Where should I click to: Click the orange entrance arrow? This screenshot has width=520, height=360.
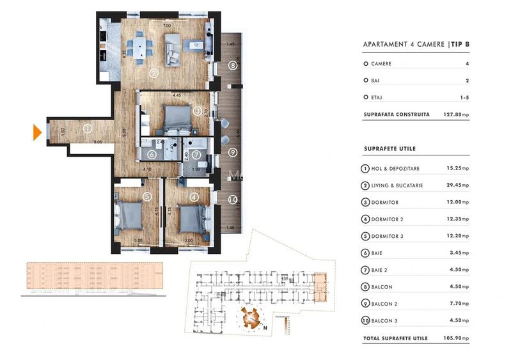coord(38,132)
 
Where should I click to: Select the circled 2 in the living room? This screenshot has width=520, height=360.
coord(154,73)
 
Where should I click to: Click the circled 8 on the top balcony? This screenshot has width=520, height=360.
coord(233,65)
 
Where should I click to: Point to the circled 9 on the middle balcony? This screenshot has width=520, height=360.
coord(233,152)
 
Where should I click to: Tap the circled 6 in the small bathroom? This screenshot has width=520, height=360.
coord(151,154)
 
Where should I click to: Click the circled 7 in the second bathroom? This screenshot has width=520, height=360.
coord(196,154)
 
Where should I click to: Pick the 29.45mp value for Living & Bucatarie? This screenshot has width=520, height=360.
coord(457,185)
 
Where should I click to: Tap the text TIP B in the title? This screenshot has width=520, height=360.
coord(459,44)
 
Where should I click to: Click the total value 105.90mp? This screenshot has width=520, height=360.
coord(457,338)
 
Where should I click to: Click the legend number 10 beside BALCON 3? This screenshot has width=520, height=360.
coord(365,321)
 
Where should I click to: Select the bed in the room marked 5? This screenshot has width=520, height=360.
coord(130,216)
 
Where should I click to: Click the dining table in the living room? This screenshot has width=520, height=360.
coord(138,47)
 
